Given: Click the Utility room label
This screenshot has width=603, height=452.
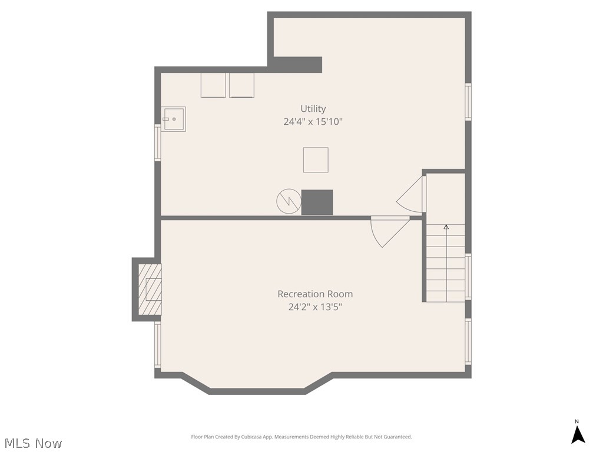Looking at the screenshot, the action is tap(313, 109).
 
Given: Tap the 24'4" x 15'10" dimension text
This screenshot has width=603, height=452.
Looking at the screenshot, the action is tap(313, 122).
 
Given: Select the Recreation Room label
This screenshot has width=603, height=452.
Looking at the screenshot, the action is tap(315, 294).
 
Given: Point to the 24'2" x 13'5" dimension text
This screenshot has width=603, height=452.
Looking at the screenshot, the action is tap(315, 307).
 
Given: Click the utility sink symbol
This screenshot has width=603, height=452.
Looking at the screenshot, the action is tap(173, 119).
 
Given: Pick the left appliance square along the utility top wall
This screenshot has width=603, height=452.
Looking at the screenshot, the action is tap(213, 85).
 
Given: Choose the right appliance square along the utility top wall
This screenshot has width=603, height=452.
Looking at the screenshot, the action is tap(241, 85).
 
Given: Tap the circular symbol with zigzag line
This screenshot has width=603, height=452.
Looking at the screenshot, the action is tap(289, 201).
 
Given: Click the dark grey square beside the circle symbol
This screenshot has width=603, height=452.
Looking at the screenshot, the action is tap(317, 202).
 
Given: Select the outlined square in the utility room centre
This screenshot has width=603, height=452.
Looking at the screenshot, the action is tap(316, 160).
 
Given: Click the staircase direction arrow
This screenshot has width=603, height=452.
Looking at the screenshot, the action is tap(446, 263).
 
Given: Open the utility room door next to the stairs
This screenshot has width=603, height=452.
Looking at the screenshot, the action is tap(410, 194).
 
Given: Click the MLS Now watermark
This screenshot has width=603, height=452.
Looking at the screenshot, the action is tap(33, 443).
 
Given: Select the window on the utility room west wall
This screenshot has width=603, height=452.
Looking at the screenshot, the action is tap(158, 142).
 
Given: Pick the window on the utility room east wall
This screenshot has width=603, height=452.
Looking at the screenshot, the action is tap(468, 102).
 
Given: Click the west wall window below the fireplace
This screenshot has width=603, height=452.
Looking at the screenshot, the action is tap(158, 345).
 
